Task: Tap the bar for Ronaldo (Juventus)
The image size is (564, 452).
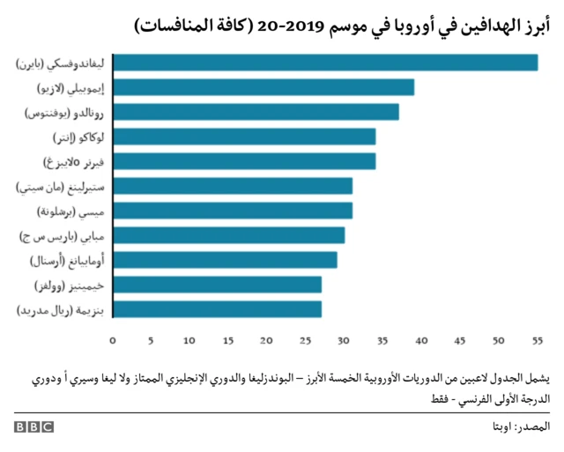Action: click(256, 112)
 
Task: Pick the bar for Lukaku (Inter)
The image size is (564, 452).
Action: click(245, 137)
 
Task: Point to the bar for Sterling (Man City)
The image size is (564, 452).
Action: click(234, 186)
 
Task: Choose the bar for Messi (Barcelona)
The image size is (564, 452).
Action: click(234, 211)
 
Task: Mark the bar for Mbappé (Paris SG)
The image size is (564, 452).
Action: click(229, 235)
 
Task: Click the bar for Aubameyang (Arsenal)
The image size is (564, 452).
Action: click(226, 260)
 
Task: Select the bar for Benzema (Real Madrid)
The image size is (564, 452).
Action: click(218, 309)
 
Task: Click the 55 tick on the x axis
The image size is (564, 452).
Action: click(537, 340)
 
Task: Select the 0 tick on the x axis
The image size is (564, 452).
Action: click(113, 340)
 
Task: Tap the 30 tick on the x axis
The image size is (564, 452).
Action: click(344, 340)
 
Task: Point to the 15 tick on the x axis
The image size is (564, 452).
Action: click(228, 340)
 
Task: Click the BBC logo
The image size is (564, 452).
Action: click(33, 427)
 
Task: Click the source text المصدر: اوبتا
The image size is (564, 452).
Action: click(520, 427)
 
